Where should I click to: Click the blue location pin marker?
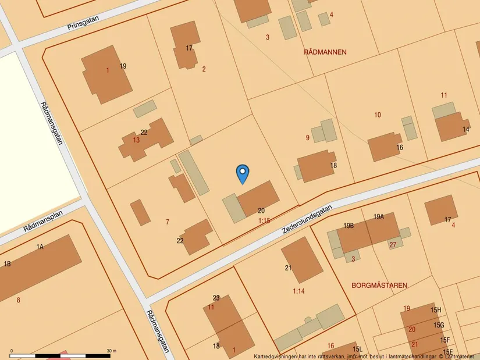[x=243, y=173]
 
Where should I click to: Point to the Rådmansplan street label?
[x=43, y=221]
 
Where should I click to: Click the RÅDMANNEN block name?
[x=325, y=52]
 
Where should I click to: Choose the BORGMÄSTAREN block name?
[x=379, y=286]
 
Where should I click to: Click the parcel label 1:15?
[x=264, y=221]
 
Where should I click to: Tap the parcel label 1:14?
[x=298, y=291]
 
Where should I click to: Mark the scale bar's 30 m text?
[x=111, y=351]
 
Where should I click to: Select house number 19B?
[x=349, y=226]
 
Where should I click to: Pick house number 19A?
[x=379, y=216]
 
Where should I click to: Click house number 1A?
[x=40, y=247]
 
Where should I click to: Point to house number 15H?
[x=436, y=310]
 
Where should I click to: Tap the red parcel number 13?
[x=136, y=140]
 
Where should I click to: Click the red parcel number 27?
[x=393, y=245]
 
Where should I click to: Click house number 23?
[x=216, y=298]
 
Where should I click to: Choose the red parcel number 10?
[x=378, y=115]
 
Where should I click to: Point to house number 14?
[x=466, y=130]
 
